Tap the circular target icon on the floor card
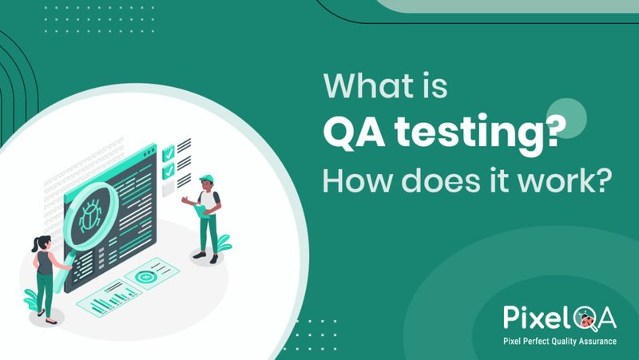point(145,277)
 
